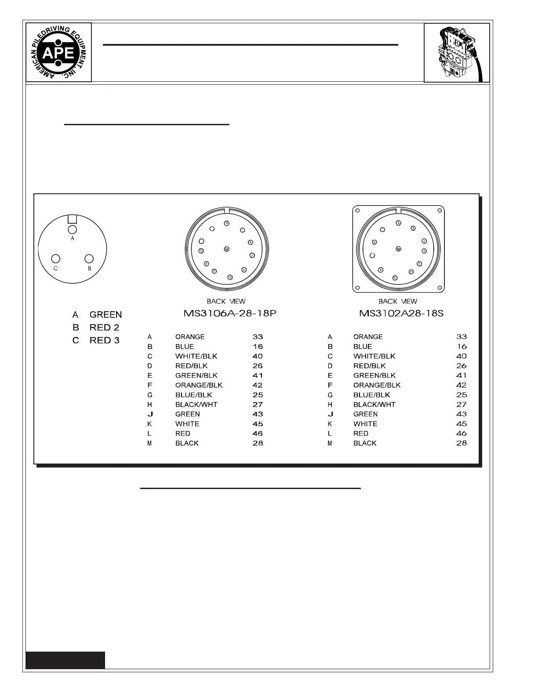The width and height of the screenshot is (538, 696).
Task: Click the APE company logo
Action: tap(58, 53)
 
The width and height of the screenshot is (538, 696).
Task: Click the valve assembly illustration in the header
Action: tap(457, 53)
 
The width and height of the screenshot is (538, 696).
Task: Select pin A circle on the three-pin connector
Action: tap(73, 229)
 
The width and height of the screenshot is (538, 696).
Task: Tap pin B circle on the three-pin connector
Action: tap(89, 259)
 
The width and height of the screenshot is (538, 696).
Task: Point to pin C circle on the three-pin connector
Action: tap(56, 259)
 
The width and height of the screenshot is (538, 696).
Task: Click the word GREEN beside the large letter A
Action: tap(105, 315)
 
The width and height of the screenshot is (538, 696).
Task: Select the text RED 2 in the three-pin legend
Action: tap(104, 327)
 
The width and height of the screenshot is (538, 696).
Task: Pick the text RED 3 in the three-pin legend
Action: tap(104, 340)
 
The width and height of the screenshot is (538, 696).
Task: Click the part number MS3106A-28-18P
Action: tap(229, 314)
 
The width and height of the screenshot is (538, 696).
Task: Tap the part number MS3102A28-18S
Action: tap(401, 314)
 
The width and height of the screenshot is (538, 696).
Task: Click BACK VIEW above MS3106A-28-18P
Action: tap(226, 301)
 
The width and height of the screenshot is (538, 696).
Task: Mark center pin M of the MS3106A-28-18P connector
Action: tap(227, 249)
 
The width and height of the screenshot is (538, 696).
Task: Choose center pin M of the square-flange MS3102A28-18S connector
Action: tap(398, 249)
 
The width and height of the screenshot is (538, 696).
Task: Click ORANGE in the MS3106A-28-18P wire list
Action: tap(190, 337)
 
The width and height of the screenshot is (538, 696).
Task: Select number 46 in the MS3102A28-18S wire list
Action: tap(461, 433)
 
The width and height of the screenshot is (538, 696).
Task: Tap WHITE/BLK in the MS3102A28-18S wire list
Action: tap(374, 356)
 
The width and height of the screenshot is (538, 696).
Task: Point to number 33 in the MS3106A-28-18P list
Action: tap(258, 337)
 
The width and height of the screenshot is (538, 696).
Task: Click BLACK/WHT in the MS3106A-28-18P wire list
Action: tap(196, 405)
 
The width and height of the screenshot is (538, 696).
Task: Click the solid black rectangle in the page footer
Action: tap(65, 660)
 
